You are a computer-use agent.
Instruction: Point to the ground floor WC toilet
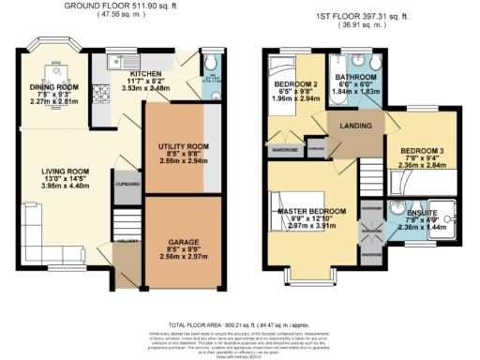click(208, 63)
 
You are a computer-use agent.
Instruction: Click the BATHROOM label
click(358, 76)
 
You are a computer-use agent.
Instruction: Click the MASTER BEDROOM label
click(314, 212)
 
